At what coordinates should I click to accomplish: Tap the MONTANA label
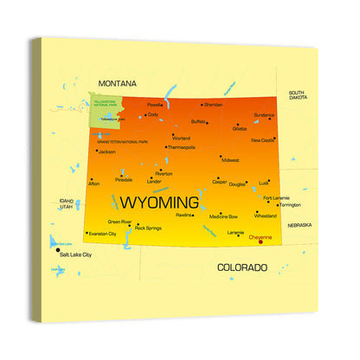[x=117, y=83]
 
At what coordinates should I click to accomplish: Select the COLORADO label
[x=241, y=267]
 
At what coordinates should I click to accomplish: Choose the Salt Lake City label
[x=75, y=255]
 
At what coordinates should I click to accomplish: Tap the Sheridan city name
[x=213, y=105]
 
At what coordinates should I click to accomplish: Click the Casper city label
[x=220, y=182]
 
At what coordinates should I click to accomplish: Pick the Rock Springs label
[x=149, y=228]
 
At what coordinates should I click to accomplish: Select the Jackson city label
[x=107, y=151]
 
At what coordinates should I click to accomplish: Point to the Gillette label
[x=240, y=128]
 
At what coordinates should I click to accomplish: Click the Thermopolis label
[x=182, y=147]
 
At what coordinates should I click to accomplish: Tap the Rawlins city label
[x=183, y=215]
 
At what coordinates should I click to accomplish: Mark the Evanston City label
[x=103, y=234]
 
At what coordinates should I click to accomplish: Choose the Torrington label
[x=290, y=205]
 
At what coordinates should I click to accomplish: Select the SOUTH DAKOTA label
[x=297, y=95]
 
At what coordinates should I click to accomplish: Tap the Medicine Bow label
[x=223, y=216]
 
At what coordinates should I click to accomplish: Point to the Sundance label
[x=264, y=115]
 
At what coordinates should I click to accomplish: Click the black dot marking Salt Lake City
[x=58, y=251]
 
